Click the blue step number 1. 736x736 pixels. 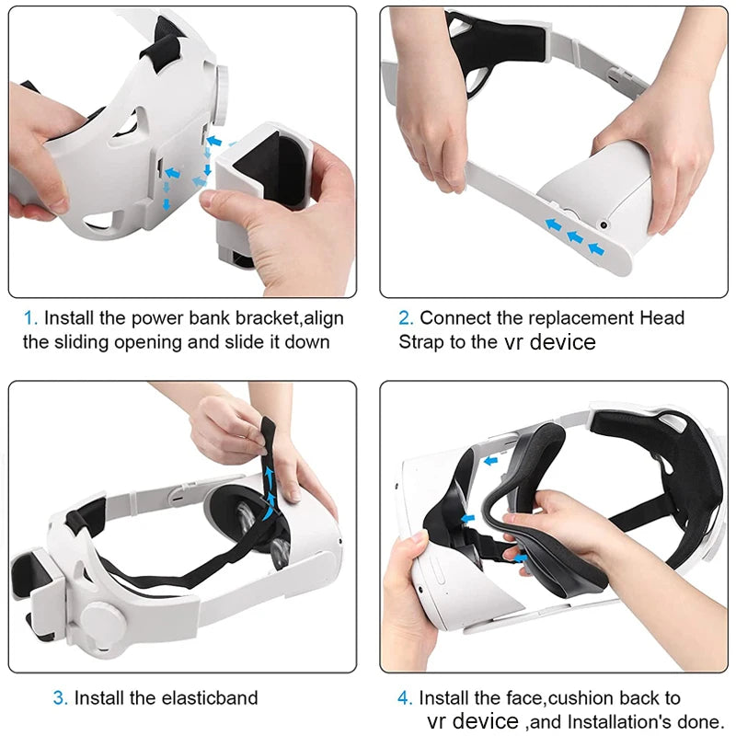coord(29,318)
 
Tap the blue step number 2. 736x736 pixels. coord(405,318)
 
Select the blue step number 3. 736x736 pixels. coord(60,698)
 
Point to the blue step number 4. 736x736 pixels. coord(405,699)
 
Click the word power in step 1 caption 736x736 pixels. coord(154,318)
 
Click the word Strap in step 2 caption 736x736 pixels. coord(422,342)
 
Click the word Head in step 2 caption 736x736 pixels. coord(663,318)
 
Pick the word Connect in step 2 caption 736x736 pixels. coord(453,318)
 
